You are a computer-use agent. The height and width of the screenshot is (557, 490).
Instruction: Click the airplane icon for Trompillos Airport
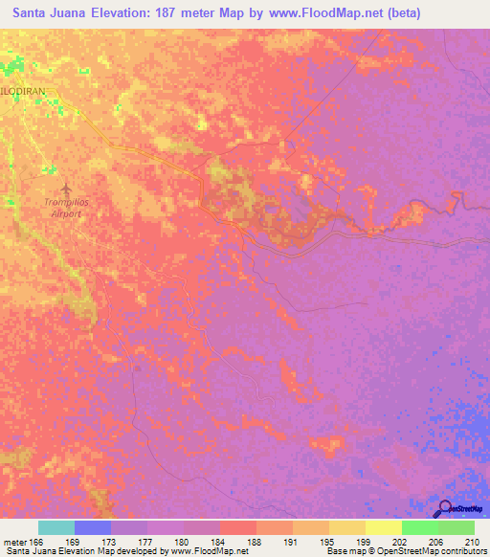click(x=65, y=188)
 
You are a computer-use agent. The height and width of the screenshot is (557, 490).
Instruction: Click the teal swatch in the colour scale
click(x=56, y=527)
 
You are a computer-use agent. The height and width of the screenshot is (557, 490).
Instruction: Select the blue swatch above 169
click(x=93, y=527)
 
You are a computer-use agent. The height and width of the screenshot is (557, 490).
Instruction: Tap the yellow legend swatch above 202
click(x=384, y=527)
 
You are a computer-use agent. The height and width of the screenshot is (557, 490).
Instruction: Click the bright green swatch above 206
click(x=420, y=527)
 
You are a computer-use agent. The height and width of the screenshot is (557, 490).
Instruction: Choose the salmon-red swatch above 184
click(x=238, y=527)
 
